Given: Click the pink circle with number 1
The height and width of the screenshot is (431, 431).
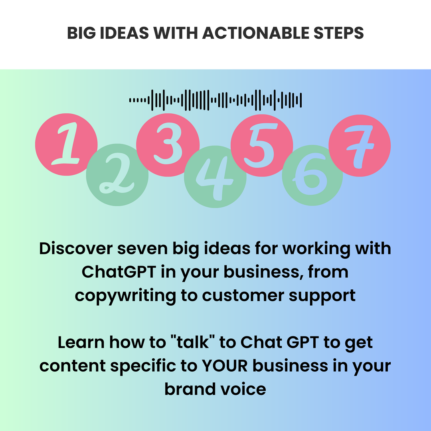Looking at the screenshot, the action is pyautogui.click(x=66, y=144).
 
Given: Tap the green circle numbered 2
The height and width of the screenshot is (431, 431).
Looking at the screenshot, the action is pyautogui.click(x=117, y=175).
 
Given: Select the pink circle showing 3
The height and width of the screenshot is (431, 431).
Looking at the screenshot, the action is pyautogui.click(x=168, y=145).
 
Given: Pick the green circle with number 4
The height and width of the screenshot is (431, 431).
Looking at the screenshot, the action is pyautogui.click(x=215, y=177).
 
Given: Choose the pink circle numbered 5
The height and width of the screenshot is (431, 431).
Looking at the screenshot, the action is pyautogui.click(x=262, y=145).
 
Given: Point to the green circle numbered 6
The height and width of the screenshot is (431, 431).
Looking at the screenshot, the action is pyautogui.click(x=312, y=175).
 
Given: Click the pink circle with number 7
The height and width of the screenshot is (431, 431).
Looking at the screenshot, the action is pyautogui.click(x=360, y=146).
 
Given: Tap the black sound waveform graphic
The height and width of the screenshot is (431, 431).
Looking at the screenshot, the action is pyautogui.click(x=215, y=100).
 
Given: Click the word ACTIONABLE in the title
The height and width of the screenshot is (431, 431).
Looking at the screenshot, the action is pyautogui.click(x=256, y=33).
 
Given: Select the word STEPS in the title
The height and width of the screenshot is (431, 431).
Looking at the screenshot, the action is pyautogui.click(x=339, y=33).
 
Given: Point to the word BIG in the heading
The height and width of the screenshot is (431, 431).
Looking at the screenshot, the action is pyautogui.click(x=81, y=33).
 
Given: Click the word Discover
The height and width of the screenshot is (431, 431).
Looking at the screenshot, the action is pyautogui.click(x=76, y=249).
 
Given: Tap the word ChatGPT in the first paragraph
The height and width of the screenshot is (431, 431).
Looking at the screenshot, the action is pyautogui.click(x=119, y=272).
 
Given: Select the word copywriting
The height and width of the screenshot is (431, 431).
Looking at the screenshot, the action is pyautogui.click(x=125, y=296).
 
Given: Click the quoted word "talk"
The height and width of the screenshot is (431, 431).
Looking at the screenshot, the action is pyautogui.click(x=193, y=342).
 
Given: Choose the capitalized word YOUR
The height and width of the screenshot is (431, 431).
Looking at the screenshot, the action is pyautogui.click(x=225, y=366).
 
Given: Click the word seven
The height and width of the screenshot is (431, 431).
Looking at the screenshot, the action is pyautogui.click(x=142, y=249).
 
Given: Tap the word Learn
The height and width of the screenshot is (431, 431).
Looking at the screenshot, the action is pyautogui.click(x=81, y=342).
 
